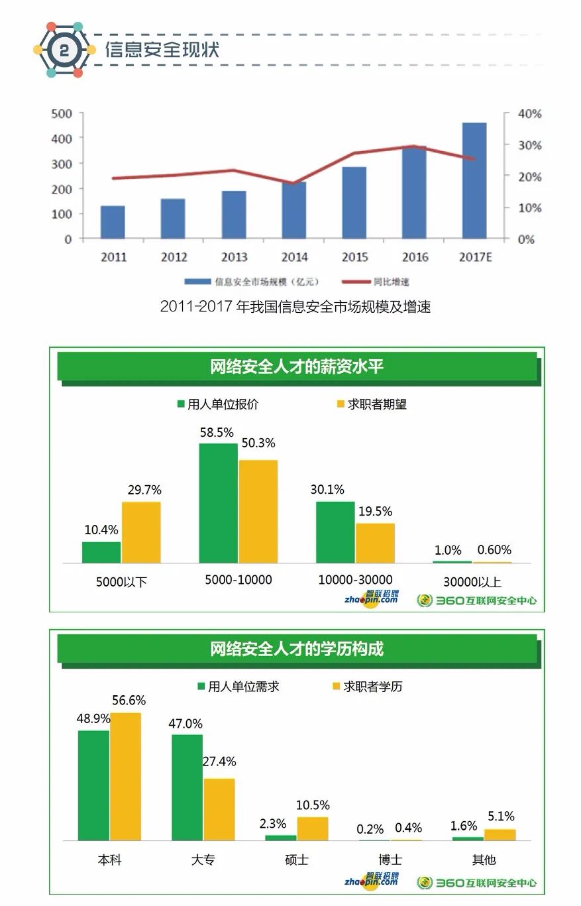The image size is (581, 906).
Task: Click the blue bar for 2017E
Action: coord(474,180)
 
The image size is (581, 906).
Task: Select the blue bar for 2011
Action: coord(113,222)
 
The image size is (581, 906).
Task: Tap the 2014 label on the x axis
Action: coord(294,257)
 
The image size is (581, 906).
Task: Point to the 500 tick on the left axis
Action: coord(62,113)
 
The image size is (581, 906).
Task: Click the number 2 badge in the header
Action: coord(64,50)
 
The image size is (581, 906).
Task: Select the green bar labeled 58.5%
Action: coord(218,503)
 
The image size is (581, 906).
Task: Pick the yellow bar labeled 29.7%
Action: coord(141,532)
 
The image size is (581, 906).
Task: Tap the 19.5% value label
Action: coord(375,512)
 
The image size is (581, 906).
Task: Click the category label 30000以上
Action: coord(472,582)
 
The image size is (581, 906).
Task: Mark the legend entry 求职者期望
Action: coord(370,404)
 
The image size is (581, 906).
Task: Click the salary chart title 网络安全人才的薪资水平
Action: coord(297,367)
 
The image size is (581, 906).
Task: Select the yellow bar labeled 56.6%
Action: coord(126,776)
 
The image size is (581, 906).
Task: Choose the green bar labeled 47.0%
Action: coord(187,787)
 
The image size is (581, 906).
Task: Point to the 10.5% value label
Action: coord(313,805)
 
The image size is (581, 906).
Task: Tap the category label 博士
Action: coord(390,860)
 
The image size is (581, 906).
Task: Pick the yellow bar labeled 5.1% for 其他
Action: coord(500,834)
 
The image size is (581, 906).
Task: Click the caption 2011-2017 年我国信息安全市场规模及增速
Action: coord(295,307)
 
